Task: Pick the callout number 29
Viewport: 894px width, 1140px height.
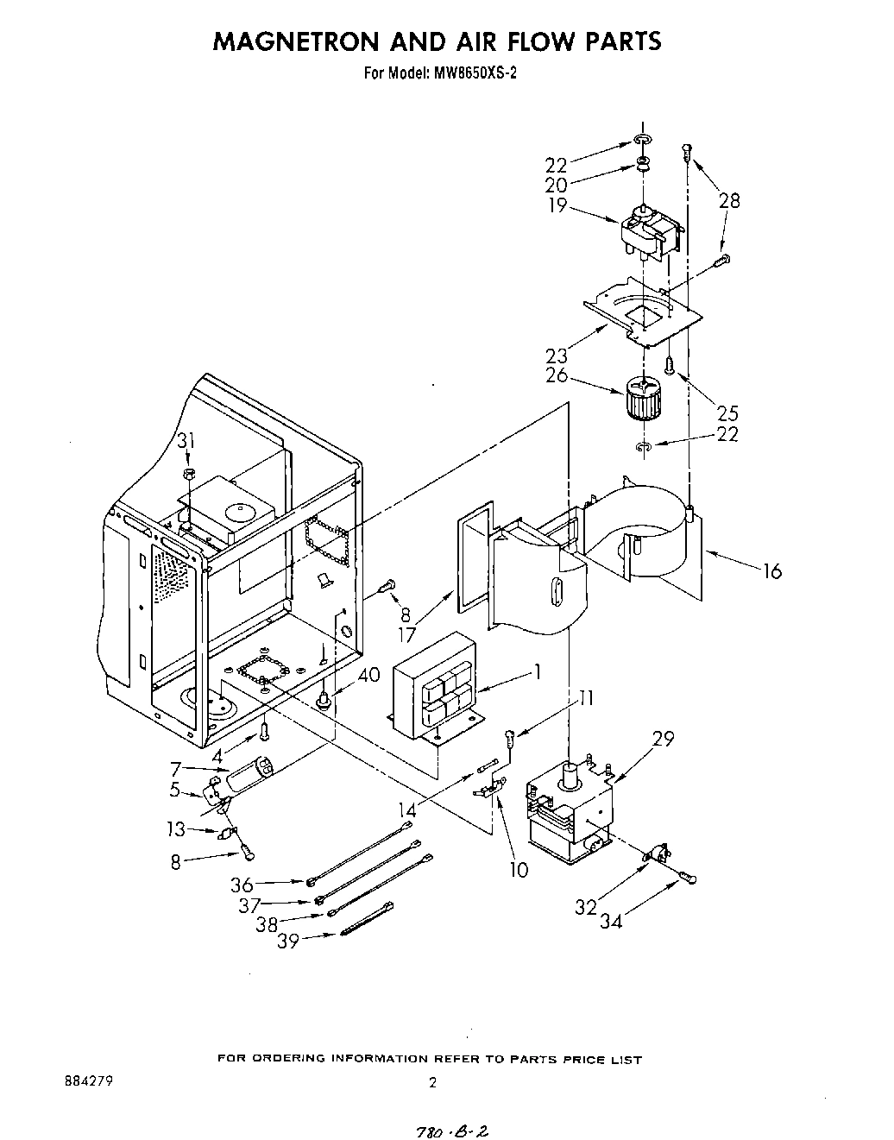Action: [663, 739]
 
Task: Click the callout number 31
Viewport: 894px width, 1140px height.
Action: [186, 442]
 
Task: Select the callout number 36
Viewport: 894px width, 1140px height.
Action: [242, 885]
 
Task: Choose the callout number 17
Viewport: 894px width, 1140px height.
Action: [406, 636]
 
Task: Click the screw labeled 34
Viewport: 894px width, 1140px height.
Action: [689, 879]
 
